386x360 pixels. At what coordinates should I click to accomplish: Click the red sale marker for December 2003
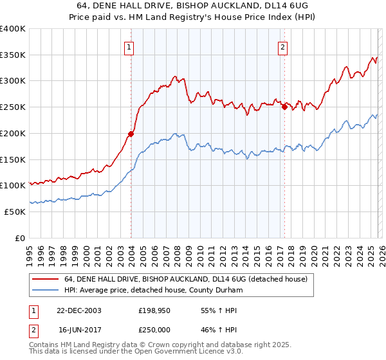(x=131, y=134)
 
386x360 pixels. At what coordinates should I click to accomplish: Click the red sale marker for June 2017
(x=284, y=107)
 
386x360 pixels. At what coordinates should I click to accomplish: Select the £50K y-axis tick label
(x=15, y=212)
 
